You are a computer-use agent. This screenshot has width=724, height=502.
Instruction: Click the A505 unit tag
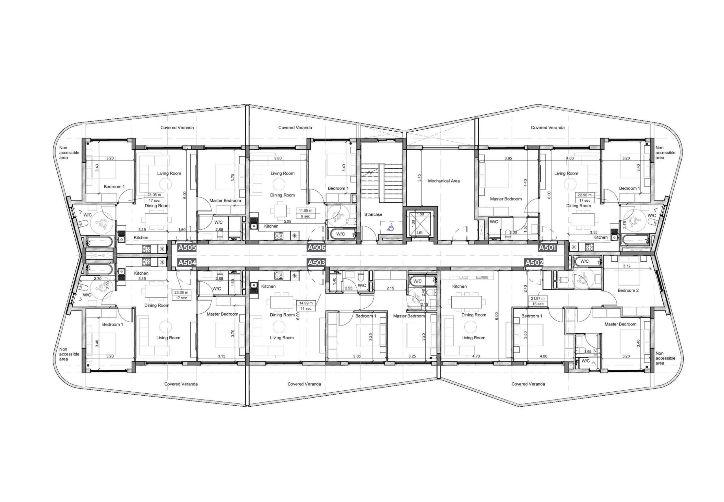click(187, 247)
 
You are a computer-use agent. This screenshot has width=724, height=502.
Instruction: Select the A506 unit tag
click(316, 247)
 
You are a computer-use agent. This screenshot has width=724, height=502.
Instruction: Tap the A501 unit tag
click(547, 247)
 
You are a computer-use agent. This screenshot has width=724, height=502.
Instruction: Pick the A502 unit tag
click(534, 263)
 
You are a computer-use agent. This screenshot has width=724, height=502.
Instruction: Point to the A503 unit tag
click(316, 263)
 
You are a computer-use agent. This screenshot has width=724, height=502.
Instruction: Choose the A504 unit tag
click(187, 263)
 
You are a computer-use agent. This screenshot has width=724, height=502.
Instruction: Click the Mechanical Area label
click(444, 181)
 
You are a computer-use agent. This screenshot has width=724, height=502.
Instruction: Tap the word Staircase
click(373, 214)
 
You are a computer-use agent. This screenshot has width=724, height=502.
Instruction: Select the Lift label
click(420, 233)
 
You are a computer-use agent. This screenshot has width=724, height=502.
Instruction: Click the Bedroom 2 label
click(628, 290)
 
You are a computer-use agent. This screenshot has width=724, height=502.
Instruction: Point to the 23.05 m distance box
click(154, 197)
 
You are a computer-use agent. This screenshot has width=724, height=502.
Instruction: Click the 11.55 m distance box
click(305, 213)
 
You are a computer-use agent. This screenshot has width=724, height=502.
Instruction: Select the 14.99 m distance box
click(306, 306)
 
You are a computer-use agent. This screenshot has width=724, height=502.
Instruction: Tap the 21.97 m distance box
click(538, 301)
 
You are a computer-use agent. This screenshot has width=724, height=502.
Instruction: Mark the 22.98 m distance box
click(585, 197)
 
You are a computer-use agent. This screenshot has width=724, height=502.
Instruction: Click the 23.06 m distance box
click(182, 295)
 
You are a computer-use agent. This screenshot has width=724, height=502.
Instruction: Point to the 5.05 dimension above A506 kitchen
click(287, 221)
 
